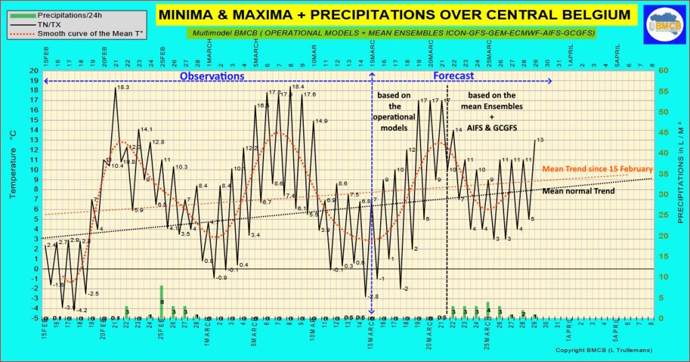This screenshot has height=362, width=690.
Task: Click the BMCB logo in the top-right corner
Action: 663,24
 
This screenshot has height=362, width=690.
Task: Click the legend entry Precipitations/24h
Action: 66,14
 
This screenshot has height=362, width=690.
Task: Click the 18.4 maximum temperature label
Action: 297,87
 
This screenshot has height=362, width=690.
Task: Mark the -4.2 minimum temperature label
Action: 82,310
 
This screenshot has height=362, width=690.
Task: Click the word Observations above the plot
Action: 212,76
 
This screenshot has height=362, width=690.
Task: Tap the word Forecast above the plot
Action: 453,76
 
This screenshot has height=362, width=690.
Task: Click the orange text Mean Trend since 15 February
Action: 597,169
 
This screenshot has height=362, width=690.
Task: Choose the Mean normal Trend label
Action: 578,191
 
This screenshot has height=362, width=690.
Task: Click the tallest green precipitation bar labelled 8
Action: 162,301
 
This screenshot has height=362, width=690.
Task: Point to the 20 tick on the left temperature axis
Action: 36,71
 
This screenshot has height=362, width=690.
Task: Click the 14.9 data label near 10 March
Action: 321,121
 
